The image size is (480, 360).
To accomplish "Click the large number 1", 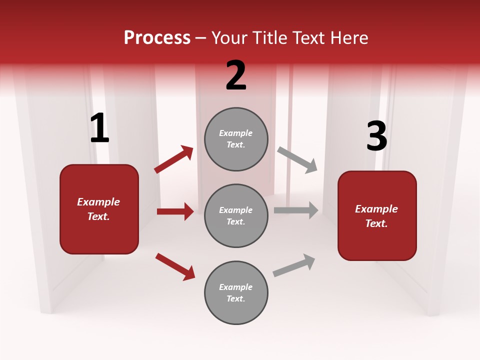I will tap(99, 128).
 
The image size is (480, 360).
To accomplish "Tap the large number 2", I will tap(236, 75).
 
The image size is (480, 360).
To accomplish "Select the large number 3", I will tap(376, 136).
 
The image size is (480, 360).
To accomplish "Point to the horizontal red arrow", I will tap(175, 211).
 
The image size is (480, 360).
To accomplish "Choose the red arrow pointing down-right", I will tap(175, 266).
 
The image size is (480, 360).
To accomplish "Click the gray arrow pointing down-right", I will tap(297, 159).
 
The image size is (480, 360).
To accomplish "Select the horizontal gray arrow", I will tap(296, 210).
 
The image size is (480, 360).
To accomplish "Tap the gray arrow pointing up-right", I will tap(294, 265).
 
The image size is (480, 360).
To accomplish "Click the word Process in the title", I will tap(157, 37).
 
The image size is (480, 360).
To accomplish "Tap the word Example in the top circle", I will tap(236, 133).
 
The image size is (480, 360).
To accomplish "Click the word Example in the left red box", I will tap(98, 202).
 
